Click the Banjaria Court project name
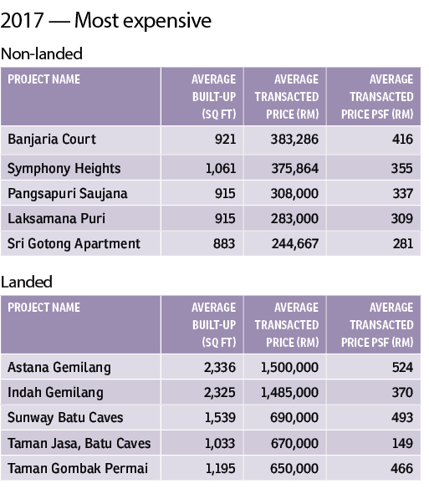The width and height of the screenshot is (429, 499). pyautogui.click(x=52, y=140)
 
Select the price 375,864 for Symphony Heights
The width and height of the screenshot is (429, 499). pyautogui.click(x=294, y=168)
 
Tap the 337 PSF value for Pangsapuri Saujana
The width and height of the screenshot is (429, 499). pyautogui.click(x=402, y=193)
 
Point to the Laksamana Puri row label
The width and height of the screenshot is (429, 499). pyautogui.click(x=56, y=219)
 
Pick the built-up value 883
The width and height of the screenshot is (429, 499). pyautogui.click(x=224, y=244)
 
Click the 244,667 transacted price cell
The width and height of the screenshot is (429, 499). pyautogui.click(x=295, y=244)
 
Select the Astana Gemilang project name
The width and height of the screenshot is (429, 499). pyautogui.click(x=59, y=367)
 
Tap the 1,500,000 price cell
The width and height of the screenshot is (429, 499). pyautogui.click(x=289, y=368)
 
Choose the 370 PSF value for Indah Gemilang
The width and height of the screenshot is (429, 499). pyautogui.click(x=402, y=392)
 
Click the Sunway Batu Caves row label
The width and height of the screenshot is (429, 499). pyautogui.click(x=65, y=418)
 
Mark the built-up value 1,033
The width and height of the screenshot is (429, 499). pyautogui.click(x=220, y=443)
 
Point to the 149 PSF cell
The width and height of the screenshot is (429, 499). pyautogui.click(x=402, y=443)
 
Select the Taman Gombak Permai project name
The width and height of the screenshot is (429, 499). pyautogui.click(x=78, y=468)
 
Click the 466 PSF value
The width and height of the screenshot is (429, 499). pyautogui.click(x=402, y=468)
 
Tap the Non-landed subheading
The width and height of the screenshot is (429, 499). pyautogui.click(x=42, y=53)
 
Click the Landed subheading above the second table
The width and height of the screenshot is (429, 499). pyautogui.click(x=27, y=282)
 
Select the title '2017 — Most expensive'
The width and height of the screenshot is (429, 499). pyautogui.click(x=105, y=21)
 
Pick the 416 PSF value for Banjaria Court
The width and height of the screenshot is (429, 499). pyautogui.click(x=402, y=140)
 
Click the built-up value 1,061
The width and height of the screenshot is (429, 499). pyautogui.click(x=221, y=168)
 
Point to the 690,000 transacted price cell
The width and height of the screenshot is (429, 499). pyautogui.click(x=294, y=418)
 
